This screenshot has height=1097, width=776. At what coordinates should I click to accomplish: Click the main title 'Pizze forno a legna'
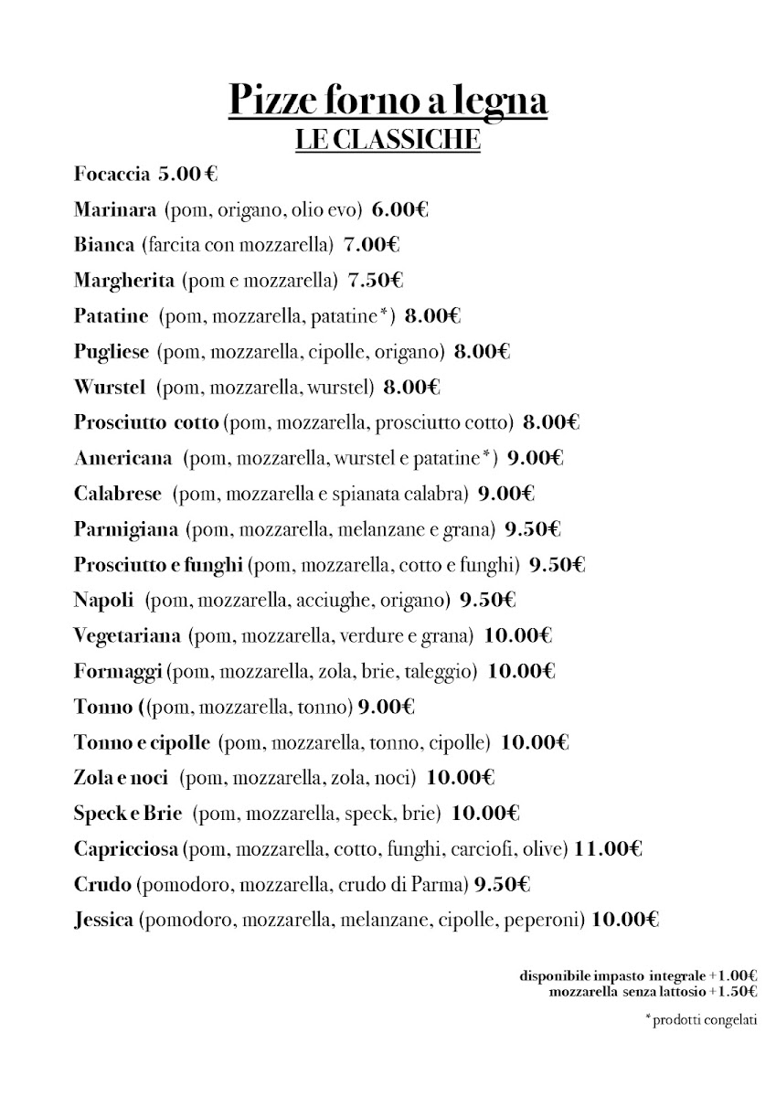click(x=388, y=100)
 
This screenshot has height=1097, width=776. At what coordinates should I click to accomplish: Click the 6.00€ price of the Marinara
click(x=400, y=209)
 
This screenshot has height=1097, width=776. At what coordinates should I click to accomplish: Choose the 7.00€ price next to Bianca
click(x=372, y=245)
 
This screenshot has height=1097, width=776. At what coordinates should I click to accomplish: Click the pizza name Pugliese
click(x=112, y=352)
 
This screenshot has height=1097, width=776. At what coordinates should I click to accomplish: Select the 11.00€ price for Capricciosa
click(x=609, y=850)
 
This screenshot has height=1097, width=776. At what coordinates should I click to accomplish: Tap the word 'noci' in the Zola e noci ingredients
click(x=395, y=779)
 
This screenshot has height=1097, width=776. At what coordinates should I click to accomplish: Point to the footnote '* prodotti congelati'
click(x=701, y=1020)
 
